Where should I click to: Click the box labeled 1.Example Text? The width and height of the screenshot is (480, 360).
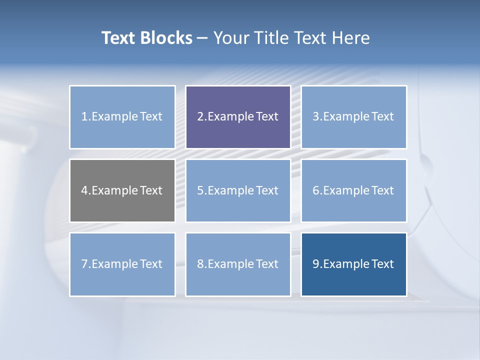tap(122, 117)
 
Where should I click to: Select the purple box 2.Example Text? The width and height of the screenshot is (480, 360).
tap(238, 117)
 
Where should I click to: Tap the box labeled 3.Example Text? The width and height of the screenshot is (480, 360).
tap(353, 117)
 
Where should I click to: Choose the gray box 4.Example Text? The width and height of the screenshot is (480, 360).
tap(122, 190)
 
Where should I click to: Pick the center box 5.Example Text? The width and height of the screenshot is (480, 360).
tap(238, 190)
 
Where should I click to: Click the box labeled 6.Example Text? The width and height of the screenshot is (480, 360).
tap(353, 190)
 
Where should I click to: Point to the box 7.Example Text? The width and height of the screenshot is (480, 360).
tap(122, 264)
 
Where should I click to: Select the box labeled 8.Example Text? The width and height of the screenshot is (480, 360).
tap(238, 264)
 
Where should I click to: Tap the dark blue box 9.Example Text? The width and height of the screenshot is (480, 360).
tap(353, 264)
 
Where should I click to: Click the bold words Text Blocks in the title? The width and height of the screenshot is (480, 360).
tap(146, 38)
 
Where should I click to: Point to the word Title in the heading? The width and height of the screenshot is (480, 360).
tap(272, 38)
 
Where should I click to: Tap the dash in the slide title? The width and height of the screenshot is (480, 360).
tap(202, 38)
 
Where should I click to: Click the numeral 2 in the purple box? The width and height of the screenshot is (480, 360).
tap(200, 117)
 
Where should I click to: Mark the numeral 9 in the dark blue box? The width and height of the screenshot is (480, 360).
tap(316, 264)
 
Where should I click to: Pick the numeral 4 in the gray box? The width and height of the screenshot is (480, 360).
tap(84, 190)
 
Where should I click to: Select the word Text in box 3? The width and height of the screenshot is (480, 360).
tap(382, 117)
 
